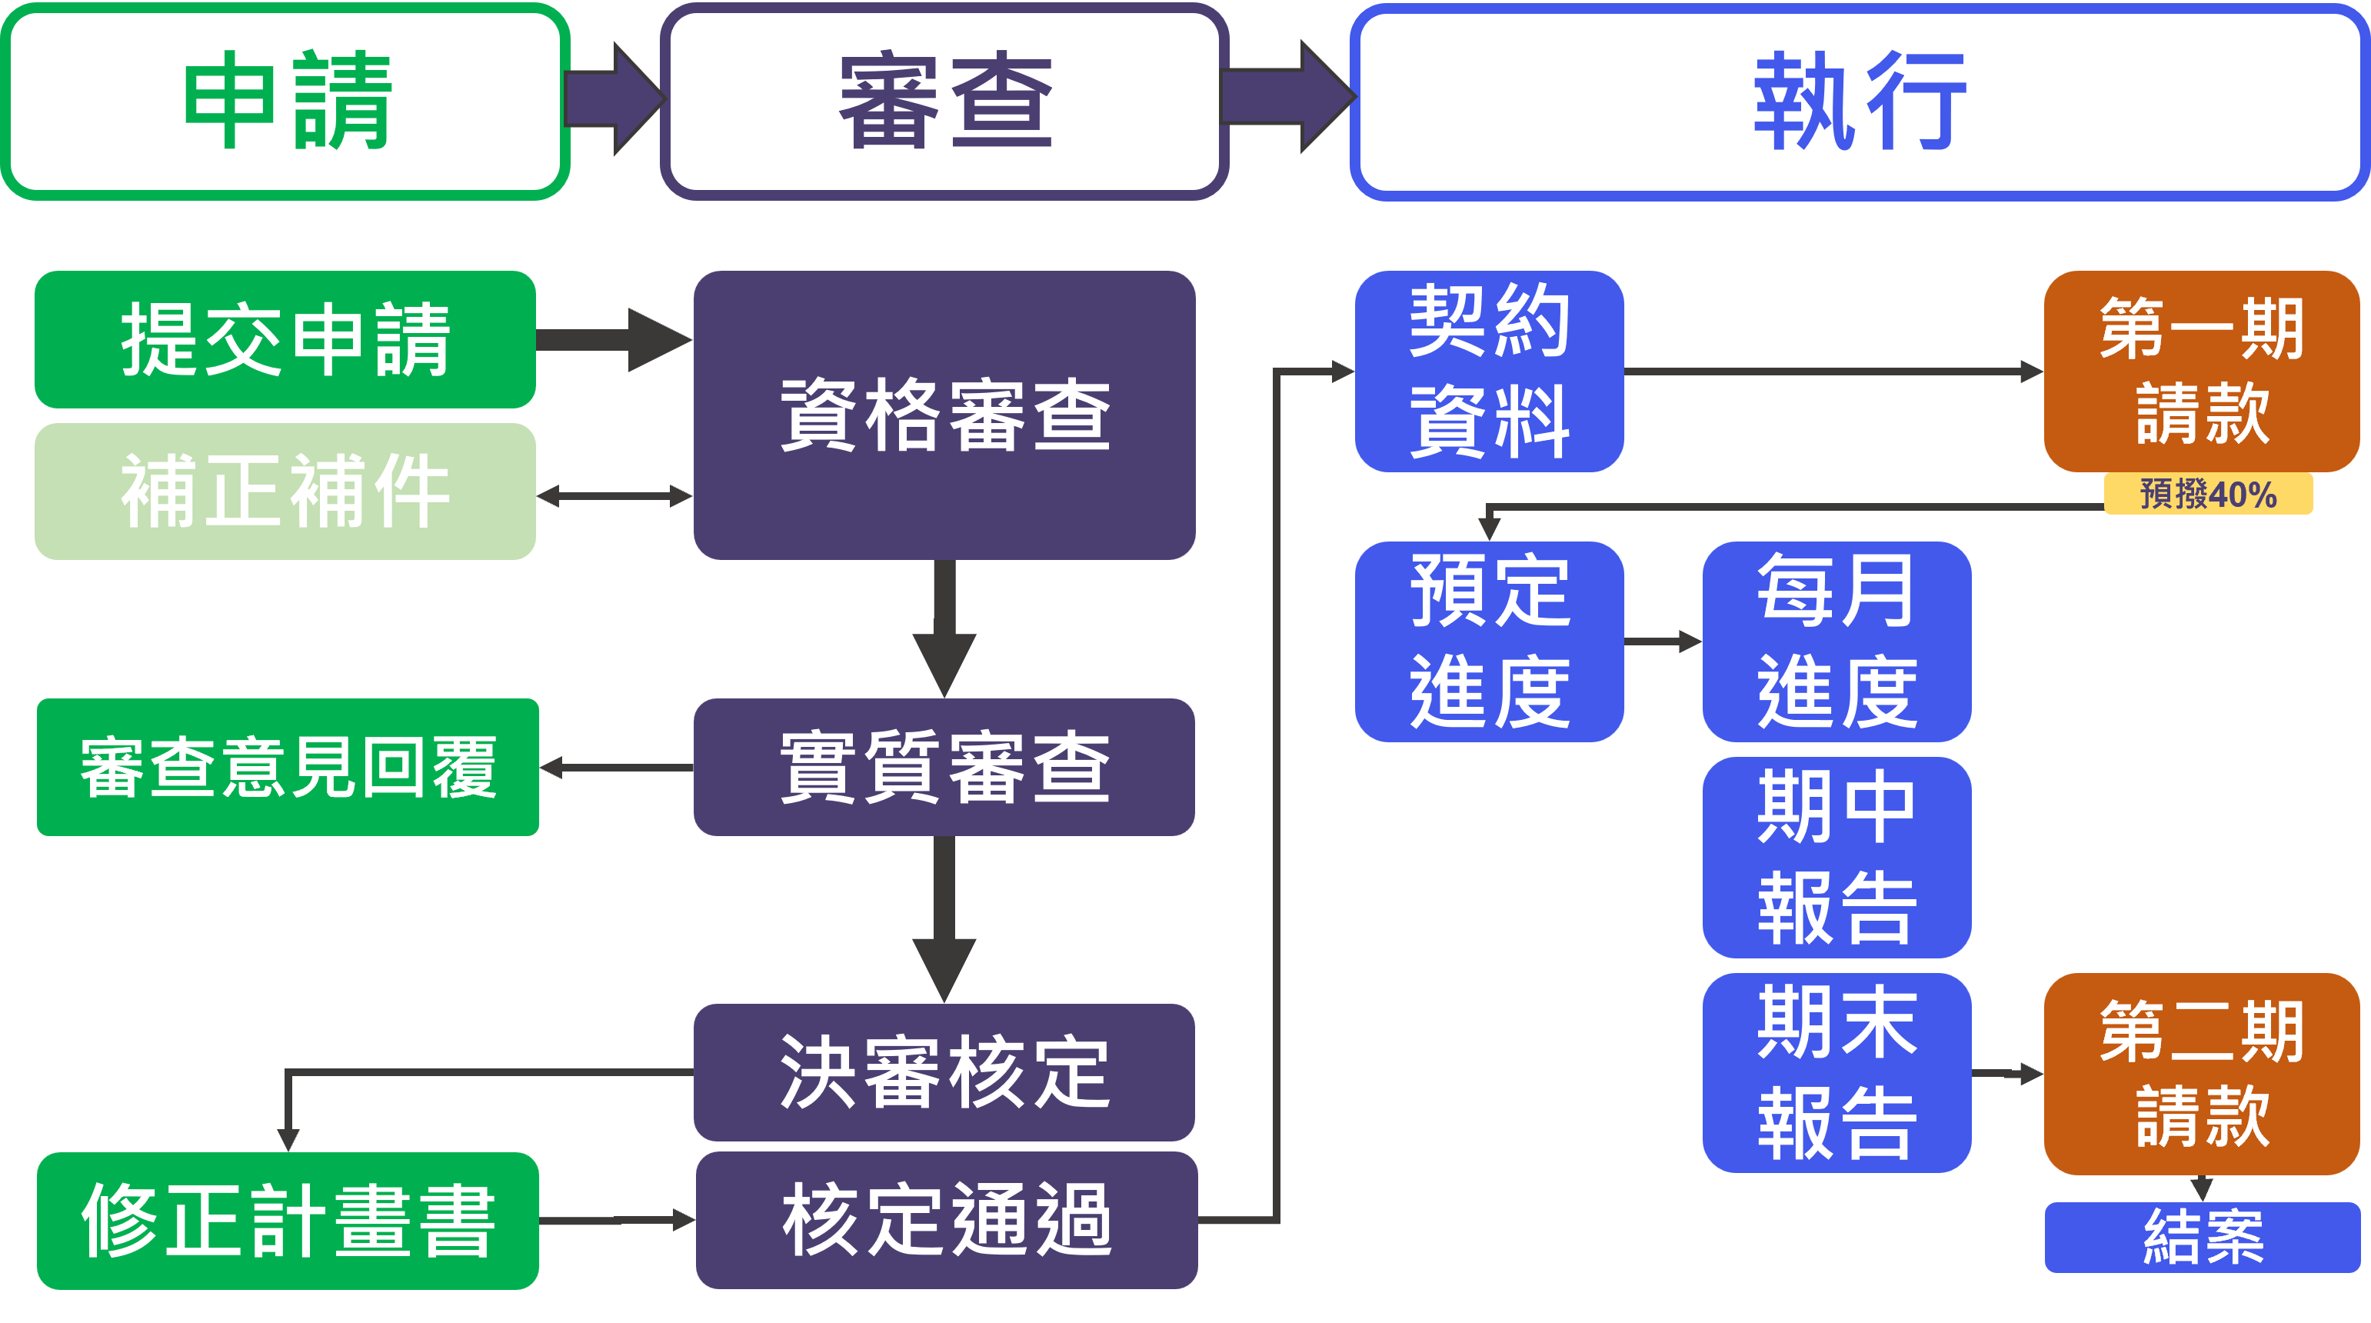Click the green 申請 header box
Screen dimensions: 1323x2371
(x=285, y=102)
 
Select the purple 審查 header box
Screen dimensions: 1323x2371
(x=944, y=102)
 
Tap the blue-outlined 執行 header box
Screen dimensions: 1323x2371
(x=1860, y=102)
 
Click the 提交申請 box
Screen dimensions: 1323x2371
(x=285, y=338)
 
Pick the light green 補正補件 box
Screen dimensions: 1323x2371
(x=285, y=492)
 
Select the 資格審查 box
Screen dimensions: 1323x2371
(x=944, y=415)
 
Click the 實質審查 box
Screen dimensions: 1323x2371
(x=944, y=767)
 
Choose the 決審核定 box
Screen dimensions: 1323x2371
(x=944, y=1072)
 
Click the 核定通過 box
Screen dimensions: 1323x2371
(x=946, y=1220)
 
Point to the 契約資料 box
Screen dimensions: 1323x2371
(x=1489, y=371)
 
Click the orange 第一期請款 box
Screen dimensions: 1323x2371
(x=2202, y=371)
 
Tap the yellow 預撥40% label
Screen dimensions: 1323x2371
(x=2208, y=495)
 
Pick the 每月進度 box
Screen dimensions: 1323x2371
(x=1837, y=642)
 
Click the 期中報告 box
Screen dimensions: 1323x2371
(x=1837, y=857)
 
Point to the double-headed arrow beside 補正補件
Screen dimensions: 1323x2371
(x=614, y=496)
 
